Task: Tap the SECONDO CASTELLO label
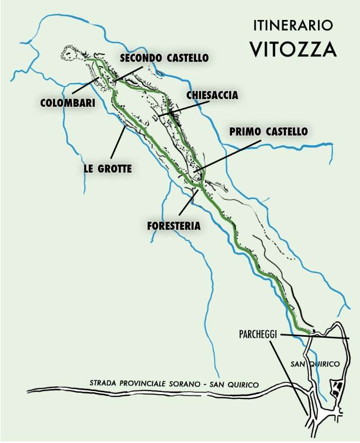coord(164,58)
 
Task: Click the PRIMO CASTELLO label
coord(268,132)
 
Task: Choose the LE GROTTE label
coord(108,168)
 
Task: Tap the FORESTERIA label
coord(173,225)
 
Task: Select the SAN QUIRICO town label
coord(315,364)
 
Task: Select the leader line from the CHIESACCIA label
coord(185,107)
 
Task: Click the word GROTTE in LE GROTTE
coord(115,168)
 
